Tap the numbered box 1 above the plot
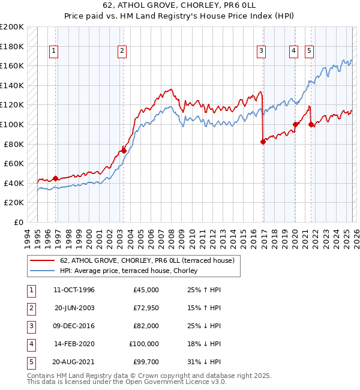click(x=54, y=51)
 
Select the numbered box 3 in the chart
click(x=262, y=51)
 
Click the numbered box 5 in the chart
click(x=309, y=51)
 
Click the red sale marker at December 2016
click(x=263, y=142)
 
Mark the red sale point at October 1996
click(x=55, y=178)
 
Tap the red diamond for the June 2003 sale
click(x=124, y=151)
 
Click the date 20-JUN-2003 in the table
click(x=74, y=308)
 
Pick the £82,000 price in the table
click(x=145, y=326)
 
